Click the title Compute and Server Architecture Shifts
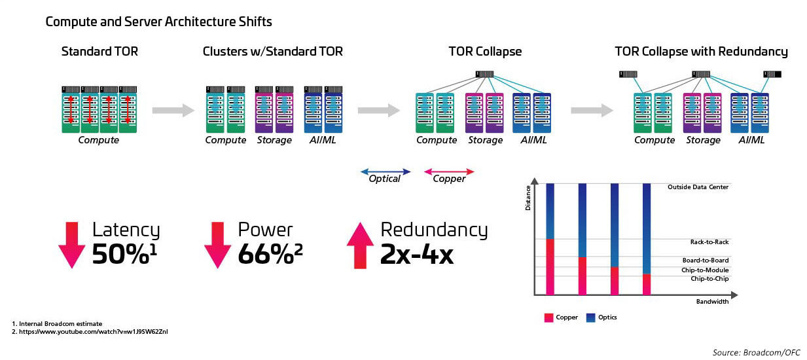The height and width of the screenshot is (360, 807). [158, 22]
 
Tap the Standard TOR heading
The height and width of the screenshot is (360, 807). [99, 52]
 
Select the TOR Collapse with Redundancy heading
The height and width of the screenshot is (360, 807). [701, 52]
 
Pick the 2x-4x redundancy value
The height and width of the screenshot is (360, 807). [417, 254]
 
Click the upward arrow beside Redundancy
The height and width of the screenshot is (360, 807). [359, 245]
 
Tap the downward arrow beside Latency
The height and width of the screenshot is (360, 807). [72, 245]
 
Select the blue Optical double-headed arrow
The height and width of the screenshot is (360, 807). [386, 172]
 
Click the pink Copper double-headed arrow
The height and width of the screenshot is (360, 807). [449, 172]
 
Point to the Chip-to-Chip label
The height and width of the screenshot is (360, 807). [709, 279]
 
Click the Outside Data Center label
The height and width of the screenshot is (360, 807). [698, 187]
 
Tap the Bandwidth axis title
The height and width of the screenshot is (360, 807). [712, 302]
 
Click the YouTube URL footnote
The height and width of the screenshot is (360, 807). [90, 332]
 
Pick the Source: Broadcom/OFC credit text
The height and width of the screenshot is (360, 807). [756, 352]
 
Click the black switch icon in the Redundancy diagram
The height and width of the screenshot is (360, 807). [773, 74]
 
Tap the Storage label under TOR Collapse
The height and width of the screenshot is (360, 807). [485, 140]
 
